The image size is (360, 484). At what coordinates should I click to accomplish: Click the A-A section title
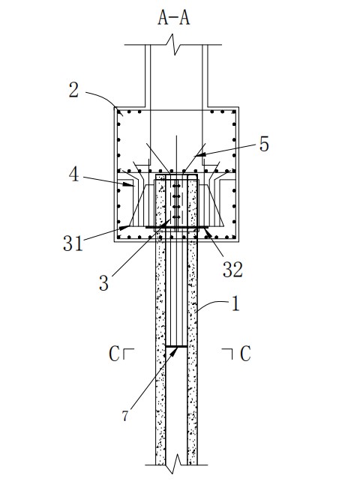point(174,17)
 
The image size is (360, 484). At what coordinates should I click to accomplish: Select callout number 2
point(73,91)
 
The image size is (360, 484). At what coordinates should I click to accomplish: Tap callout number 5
point(264,144)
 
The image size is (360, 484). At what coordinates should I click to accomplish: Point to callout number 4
point(73,175)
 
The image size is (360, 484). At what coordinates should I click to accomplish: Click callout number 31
point(73,243)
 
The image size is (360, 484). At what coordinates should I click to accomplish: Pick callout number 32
point(233,269)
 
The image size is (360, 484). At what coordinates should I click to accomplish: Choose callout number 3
point(103,282)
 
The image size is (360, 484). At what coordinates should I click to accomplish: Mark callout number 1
point(235,303)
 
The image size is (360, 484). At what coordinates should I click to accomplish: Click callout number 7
point(124,416)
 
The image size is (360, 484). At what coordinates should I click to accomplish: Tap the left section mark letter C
point(114,354)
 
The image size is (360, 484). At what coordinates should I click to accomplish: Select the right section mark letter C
point(245,354)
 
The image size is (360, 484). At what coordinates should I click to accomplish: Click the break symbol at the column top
point(175,45)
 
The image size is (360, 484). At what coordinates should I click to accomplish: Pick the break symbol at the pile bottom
point(177,464)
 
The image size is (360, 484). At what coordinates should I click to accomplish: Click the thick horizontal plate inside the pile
point(176,346)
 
